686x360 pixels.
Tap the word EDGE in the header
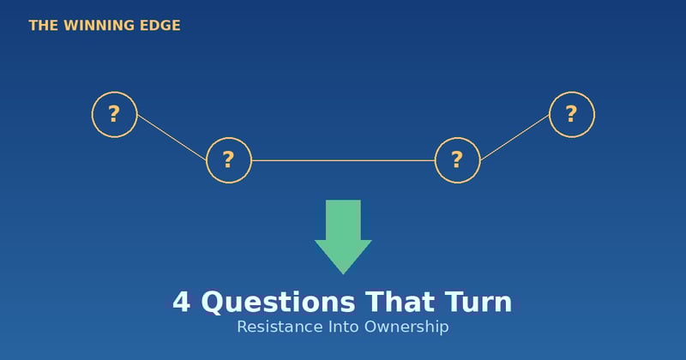159,26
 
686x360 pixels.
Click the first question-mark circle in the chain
114,114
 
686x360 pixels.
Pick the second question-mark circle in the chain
229,160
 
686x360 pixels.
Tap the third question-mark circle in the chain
457,160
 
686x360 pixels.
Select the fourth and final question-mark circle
571,114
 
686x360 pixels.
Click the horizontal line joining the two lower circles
343,160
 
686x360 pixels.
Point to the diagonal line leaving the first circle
171,137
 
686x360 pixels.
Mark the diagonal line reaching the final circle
514,137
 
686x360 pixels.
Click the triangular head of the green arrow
343,255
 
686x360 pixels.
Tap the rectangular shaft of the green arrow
343,219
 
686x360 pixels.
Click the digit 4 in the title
181,303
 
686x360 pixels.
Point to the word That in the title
400,303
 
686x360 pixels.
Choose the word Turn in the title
478,303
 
